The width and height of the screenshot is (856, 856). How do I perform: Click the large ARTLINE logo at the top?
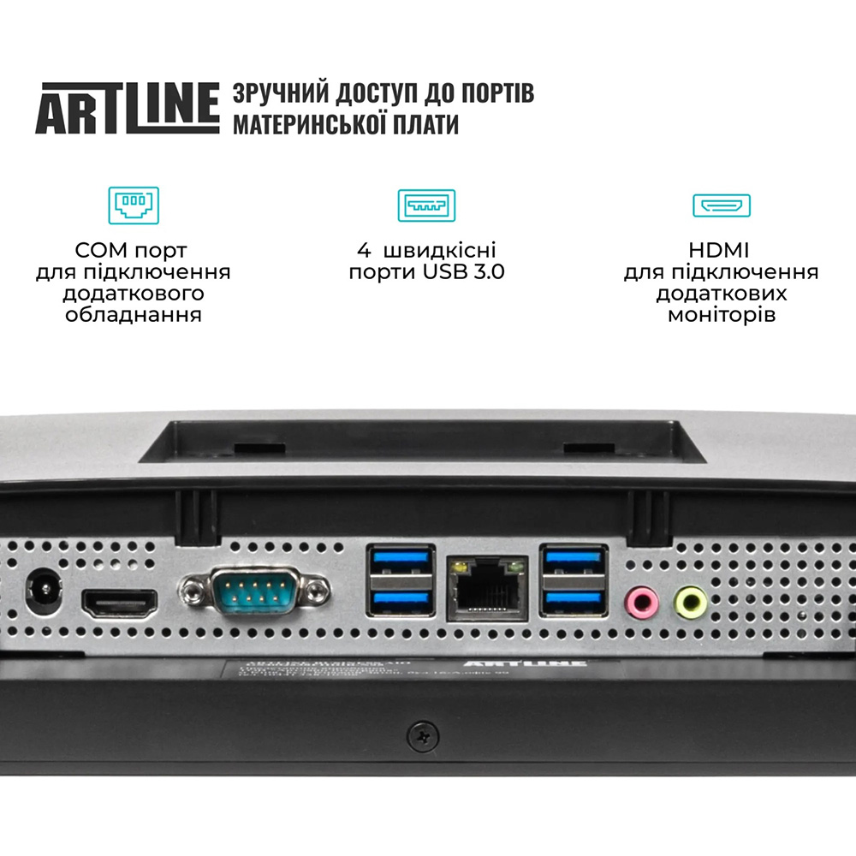127,108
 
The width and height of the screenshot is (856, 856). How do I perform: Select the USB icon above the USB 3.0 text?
426,205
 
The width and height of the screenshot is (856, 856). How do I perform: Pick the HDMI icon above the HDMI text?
721,205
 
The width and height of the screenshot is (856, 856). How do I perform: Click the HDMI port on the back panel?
120,603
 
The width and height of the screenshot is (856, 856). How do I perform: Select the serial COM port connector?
254,590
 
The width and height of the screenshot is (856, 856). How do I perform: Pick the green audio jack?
690,602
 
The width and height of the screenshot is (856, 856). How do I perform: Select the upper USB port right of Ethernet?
573,562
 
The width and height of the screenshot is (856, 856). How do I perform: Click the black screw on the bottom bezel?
422,734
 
